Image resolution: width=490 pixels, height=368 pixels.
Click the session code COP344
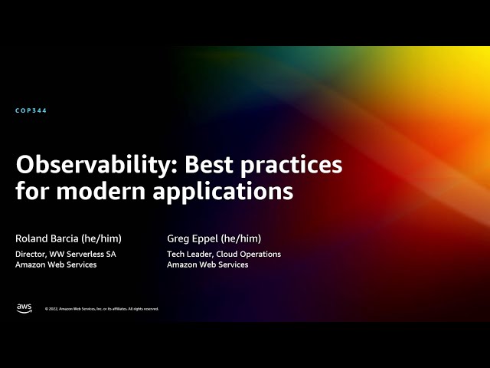[x=31, y=111]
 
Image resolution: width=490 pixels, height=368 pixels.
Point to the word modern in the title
[x=101, y=191]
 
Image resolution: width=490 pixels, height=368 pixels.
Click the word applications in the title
[x=230, y=192]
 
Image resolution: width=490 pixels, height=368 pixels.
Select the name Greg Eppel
[x=192, y=238]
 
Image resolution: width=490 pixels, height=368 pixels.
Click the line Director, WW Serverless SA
[x=66, y=254]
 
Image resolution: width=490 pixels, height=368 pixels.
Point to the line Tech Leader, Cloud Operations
[x=224, y=254]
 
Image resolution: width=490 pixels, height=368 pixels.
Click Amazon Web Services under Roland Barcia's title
[x=56, y=264]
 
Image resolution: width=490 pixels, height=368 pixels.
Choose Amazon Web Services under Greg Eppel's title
[x=207, y=264]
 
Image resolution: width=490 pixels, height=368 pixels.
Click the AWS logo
[x=24, y=307]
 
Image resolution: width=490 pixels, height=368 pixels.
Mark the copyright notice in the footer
[x=102, y=309]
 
